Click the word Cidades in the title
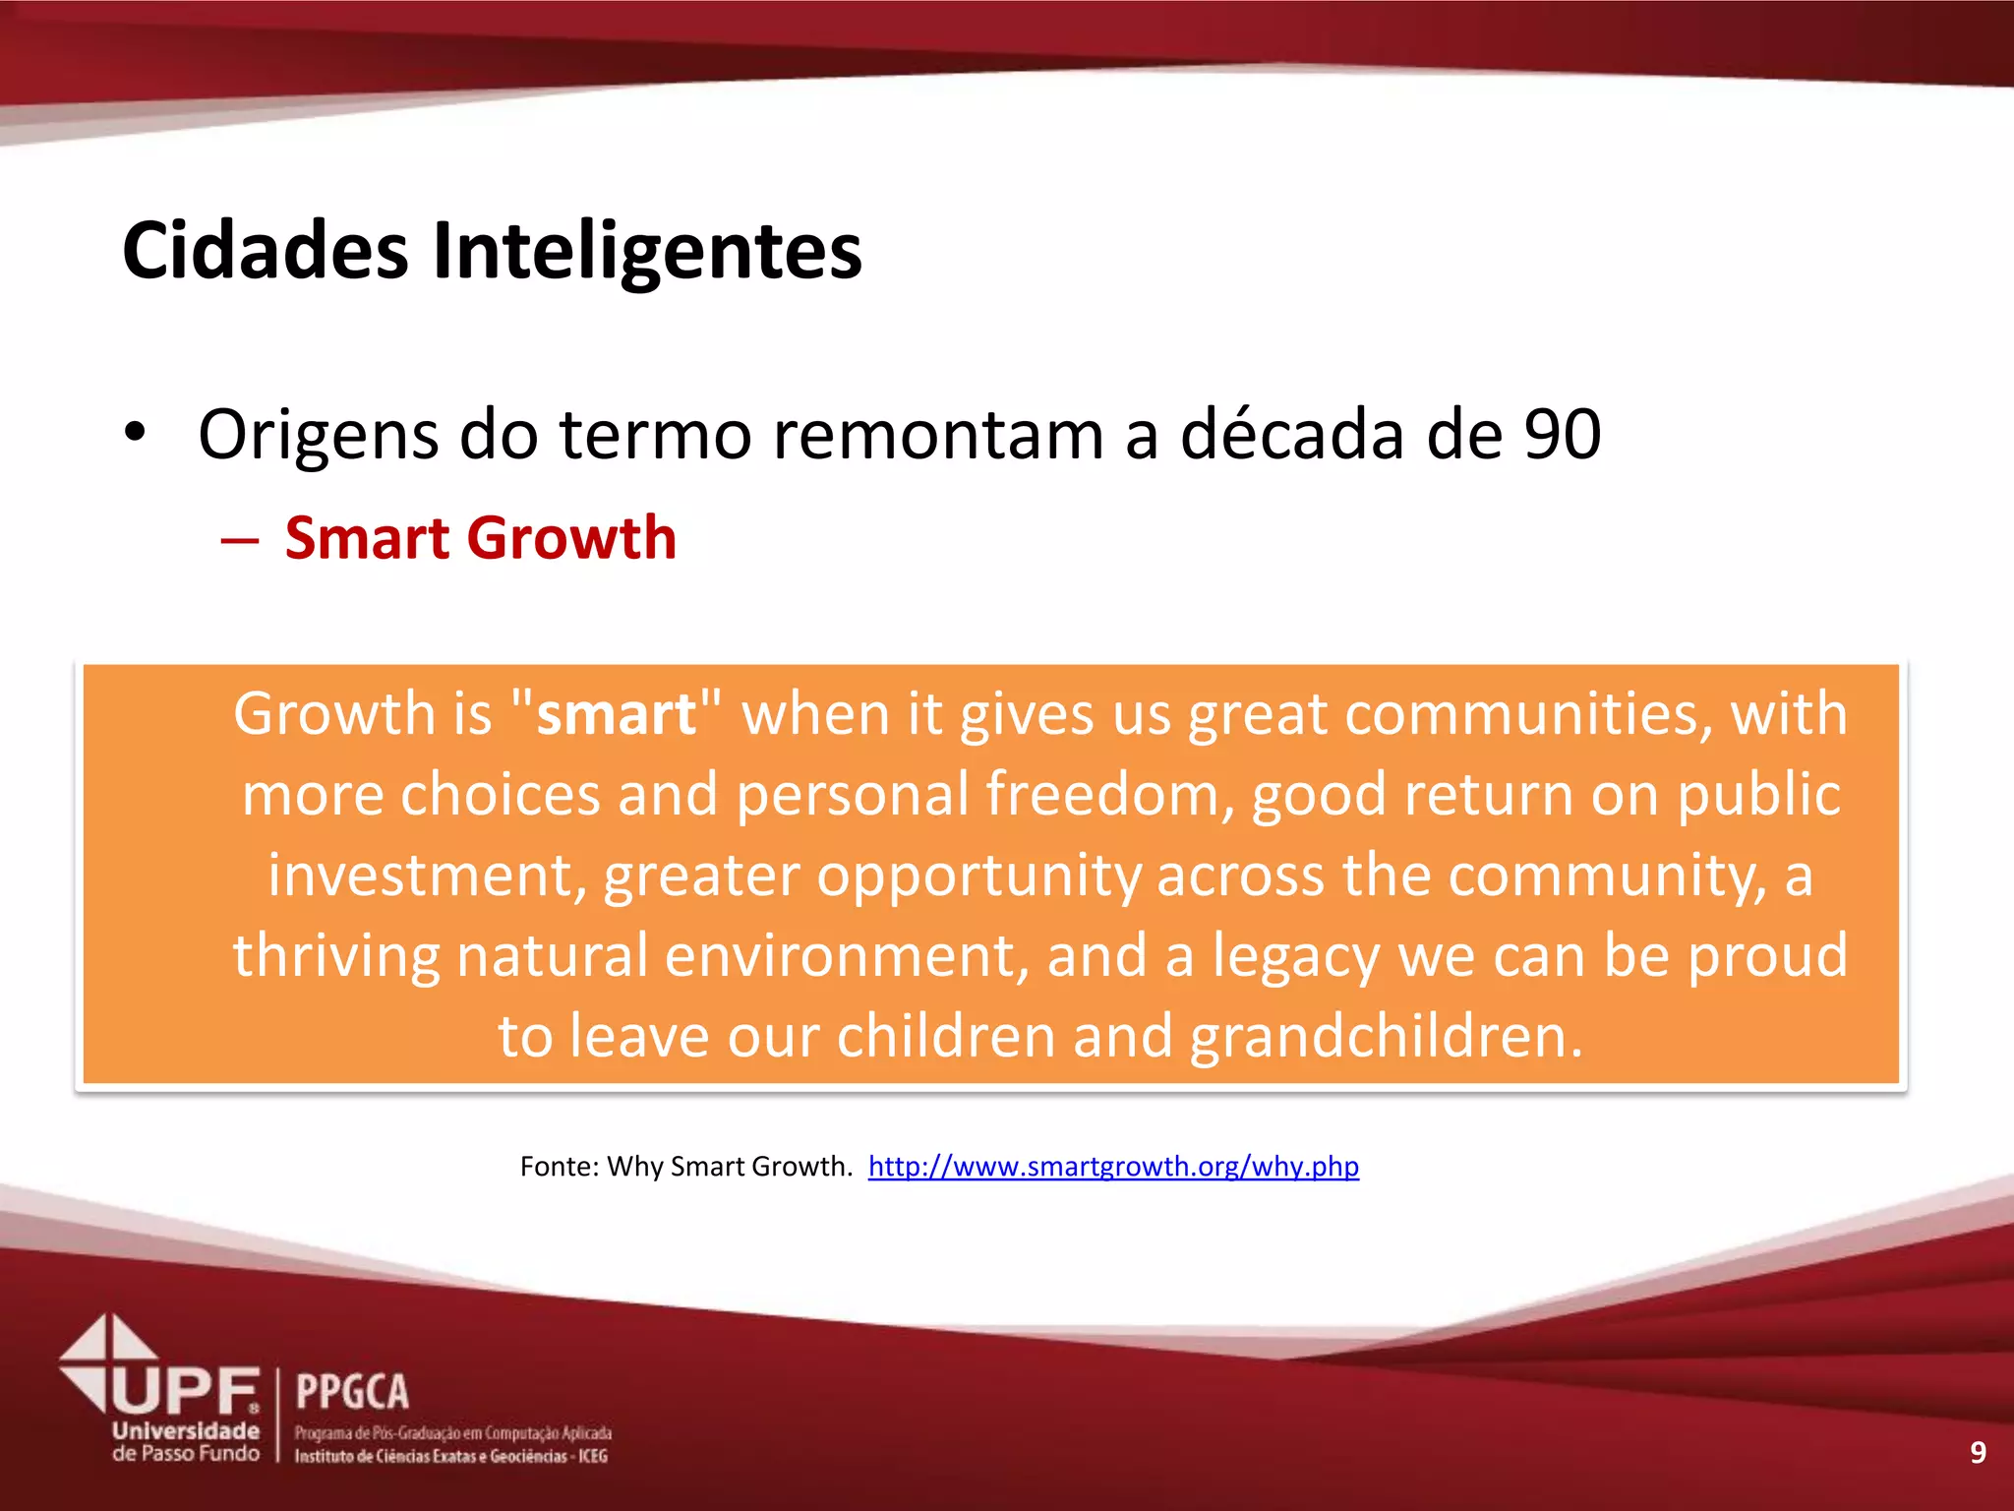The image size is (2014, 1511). click(266, 251)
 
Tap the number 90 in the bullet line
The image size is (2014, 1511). click(1563, 434)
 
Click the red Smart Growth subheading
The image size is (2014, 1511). click(480, 538)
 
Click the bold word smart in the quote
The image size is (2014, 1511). click(617, 713)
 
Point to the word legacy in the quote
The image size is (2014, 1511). click(1295, 956)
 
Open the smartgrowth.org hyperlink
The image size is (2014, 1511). click(1113, 1167)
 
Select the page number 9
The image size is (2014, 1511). click(1978, 1452)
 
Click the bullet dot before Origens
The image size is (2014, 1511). click(135, 432)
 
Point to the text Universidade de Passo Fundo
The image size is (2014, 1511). click(186, 1442)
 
